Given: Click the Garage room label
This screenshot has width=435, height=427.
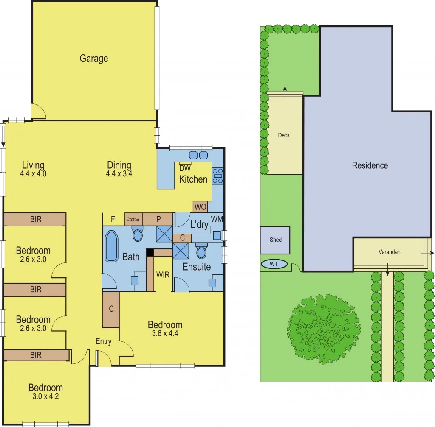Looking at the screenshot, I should [94, 59].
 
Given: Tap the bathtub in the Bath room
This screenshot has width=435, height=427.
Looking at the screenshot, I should [112, 246].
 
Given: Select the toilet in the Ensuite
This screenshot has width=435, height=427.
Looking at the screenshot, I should [201, 252].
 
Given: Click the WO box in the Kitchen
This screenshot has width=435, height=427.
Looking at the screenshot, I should [200, 207].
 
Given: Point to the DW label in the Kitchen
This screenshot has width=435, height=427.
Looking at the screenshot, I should [184, 168].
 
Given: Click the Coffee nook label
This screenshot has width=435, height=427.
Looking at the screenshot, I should [133, 219].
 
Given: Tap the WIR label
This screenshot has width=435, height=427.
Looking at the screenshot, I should [163, 275].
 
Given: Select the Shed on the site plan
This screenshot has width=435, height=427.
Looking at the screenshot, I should [275, 240].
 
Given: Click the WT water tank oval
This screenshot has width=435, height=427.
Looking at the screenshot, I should [274, 265].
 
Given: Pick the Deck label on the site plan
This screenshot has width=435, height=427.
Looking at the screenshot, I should [284, 135].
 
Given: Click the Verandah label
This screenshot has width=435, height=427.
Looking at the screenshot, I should [390, 252].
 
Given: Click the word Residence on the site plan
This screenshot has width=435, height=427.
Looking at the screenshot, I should [370, 165].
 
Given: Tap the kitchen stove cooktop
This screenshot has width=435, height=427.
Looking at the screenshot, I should [218, 176].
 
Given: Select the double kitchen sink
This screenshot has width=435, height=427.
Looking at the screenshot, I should [198, 155].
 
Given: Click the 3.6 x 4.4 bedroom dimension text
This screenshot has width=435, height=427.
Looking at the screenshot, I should [165, 333].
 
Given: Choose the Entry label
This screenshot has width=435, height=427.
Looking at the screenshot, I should [103, 341].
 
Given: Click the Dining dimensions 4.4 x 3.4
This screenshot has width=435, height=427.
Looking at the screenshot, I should [119, 173].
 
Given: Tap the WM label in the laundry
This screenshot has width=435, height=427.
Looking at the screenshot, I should [217, 219].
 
